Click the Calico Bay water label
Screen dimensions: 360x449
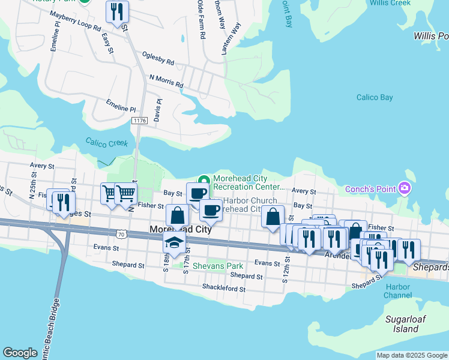[374, 97]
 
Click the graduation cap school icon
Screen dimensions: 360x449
[174, 242]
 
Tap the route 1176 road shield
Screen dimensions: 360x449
[140, 121]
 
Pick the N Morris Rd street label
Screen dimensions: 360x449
[166, 81]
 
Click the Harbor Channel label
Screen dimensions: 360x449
[398, 291]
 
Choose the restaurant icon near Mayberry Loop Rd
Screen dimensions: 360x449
[117, 12]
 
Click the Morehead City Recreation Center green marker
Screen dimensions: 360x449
[204, 180]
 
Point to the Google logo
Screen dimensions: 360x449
[20, 353]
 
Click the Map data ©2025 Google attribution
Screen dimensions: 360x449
[412, 355]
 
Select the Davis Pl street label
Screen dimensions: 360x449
[158, 109]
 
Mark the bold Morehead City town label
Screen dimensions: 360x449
[173, 230]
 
